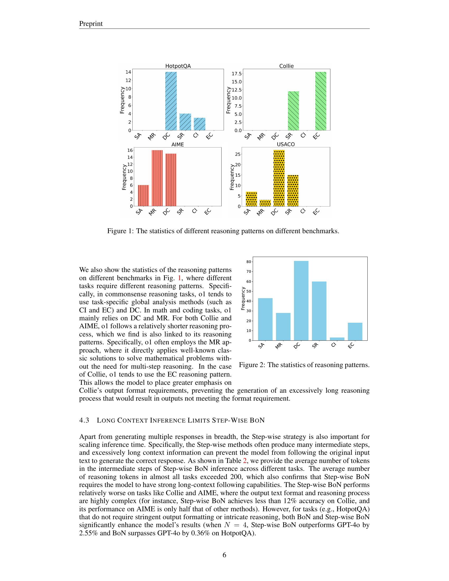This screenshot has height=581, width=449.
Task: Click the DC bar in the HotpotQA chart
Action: (x=171, y=101)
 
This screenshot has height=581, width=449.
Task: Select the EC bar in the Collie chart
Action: (x=321, y=101)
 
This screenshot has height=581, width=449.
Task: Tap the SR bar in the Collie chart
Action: (x=293, y=111)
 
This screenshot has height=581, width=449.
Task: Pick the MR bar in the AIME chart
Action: (x=157, y=178)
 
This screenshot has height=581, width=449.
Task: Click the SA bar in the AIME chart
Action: (x=143, y=195)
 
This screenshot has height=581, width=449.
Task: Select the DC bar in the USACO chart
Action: (x=279, y=178)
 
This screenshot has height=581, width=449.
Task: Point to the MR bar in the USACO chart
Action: (x=265, y=203)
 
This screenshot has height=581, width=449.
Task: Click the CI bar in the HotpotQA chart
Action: (x=199, y=124)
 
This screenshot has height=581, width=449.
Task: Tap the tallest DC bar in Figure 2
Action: (x=301, y=301)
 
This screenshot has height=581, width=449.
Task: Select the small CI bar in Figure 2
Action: (x=337, y=339)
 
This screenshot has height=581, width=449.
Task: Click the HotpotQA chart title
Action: (x=178, y=66)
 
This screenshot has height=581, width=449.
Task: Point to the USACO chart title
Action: (x=286, y=144)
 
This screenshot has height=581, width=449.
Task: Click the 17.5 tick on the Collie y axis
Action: (x=236, y=74)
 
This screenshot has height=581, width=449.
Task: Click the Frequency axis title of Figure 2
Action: (x=242, y=298)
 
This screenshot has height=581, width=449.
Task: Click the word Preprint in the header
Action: (x=91, y=24)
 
